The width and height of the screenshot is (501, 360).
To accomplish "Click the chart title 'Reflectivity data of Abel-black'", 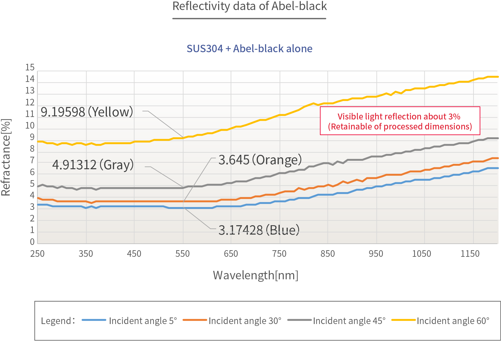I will point(249,6).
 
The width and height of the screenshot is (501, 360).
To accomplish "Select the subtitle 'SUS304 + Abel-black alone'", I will point(249,49).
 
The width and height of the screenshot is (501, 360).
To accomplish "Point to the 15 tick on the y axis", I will point(30,68).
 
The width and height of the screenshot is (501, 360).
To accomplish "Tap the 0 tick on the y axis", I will point(32,242).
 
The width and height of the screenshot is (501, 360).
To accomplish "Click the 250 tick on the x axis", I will point(38,254).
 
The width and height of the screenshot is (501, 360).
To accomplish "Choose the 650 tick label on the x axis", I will point(231,254).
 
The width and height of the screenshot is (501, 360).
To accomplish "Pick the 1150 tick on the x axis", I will point(470,254).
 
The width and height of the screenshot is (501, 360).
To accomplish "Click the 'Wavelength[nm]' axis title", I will point(255,275).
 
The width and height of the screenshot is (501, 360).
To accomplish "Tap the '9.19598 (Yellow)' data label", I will point(87,112).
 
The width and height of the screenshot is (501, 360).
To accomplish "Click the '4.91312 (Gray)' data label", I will point(93,165).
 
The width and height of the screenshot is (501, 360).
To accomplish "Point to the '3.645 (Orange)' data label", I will point(260,160).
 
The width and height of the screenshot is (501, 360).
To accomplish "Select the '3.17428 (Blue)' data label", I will point(259,230).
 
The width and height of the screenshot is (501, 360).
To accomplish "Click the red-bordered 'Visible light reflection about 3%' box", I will point(400,121).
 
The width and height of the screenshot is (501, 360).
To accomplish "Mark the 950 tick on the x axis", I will point(376,254).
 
